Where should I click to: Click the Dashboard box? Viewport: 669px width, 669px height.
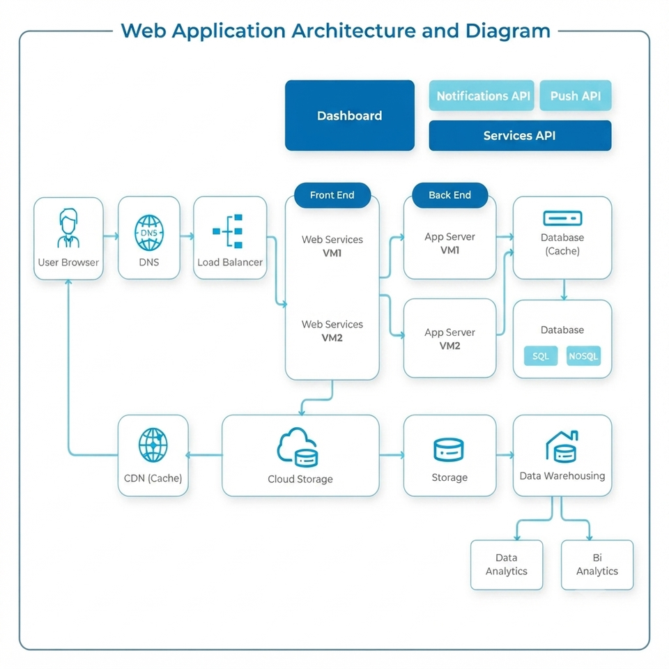click(349, 115)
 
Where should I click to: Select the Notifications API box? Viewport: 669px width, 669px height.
click(482, 95)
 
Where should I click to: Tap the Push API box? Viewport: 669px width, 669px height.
click(575, 95)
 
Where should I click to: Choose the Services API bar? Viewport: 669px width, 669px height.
click(520, 136)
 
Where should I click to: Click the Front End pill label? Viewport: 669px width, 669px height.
click(332, 195)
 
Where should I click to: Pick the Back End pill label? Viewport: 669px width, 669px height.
click(449, 195)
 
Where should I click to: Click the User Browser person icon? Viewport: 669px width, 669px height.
click(68, 228)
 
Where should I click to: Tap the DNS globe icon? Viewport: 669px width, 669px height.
click(149, 233)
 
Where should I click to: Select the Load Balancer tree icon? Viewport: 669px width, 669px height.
click(228, 231)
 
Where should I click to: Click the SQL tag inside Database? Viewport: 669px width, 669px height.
click(541, 356)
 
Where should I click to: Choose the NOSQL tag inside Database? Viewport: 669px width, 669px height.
click(583, 356)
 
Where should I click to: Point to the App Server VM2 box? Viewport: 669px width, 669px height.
click(449, 339)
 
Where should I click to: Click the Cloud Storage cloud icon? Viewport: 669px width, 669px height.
click(298, 447)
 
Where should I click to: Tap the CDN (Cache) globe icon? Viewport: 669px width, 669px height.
click(153, 445)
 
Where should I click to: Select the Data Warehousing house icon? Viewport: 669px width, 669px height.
click(562, 447)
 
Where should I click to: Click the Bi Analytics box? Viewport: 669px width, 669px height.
click(597, 565)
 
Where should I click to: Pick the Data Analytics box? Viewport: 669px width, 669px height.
click(507, 565)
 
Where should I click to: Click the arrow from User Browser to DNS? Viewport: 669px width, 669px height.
click(111, 236)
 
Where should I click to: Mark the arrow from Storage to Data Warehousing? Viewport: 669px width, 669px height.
click(505, 455)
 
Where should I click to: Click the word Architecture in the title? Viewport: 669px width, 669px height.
click(353, 31)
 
